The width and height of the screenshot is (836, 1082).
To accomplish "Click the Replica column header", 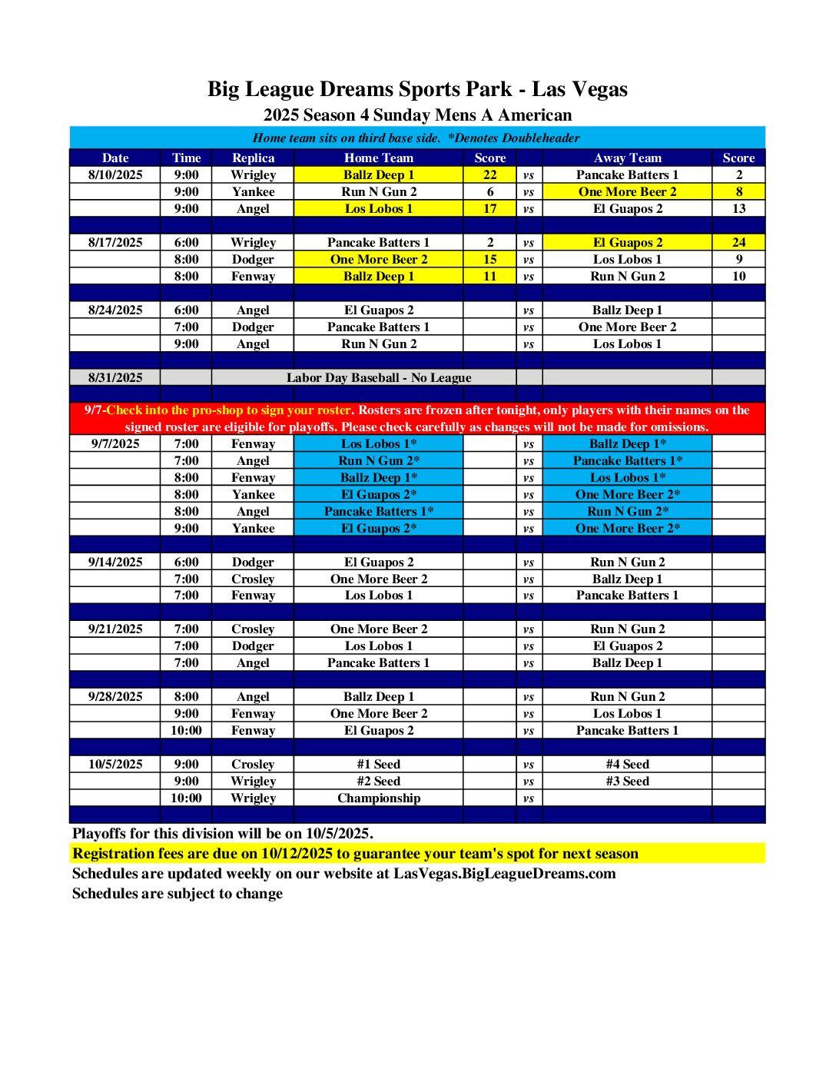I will click(x=253, y=158).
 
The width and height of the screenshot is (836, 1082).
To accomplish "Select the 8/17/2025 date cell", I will click(x=115, y=243).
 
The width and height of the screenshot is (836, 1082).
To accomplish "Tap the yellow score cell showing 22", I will click(x=489, y=175).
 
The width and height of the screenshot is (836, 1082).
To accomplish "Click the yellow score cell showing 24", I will click(x=738, y=243).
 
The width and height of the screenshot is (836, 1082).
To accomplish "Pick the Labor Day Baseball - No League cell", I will click(x=379, y=378).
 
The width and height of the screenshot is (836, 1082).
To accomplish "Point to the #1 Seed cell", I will click(x=379, y=765).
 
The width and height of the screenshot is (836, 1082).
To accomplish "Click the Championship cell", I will click(x=379, y=798).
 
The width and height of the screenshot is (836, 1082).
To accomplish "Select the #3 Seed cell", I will click(x=627, y=782).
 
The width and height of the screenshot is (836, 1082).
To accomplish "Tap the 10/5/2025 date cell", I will click(x=115, y=765).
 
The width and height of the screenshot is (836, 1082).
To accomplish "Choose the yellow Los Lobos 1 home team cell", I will click(x=379, y=209).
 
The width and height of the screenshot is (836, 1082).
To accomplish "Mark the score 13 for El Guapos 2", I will click(x=738, y=209).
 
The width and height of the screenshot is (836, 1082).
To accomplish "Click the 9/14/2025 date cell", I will click(x=115, y=563).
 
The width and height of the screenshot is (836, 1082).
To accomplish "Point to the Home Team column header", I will click(x=379, y=158).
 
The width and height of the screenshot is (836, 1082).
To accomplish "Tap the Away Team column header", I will click(x=627, y=158).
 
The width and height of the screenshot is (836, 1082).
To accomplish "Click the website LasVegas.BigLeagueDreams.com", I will click(x=504, y=874).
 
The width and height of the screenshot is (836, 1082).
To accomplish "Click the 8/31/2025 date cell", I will click(x=115, y=378).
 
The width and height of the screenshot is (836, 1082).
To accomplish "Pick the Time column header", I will click(x=186, y=158).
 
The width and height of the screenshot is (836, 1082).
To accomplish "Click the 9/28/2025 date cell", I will click(x=115, y=697).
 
